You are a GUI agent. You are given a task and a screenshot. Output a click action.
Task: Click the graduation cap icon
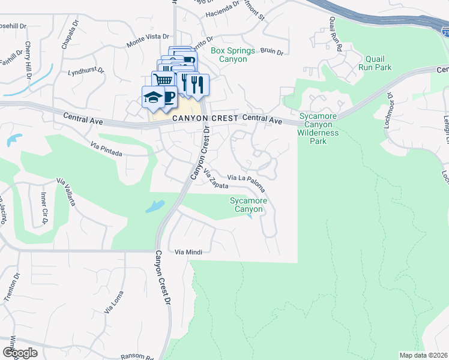[152, 97]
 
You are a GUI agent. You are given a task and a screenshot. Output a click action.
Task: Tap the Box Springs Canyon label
[233, 55]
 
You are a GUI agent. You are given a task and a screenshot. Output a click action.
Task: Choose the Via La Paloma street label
[246, 182]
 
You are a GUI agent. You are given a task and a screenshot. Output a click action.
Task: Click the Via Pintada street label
[106, 149]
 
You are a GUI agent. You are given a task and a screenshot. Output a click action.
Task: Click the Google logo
[20, 353]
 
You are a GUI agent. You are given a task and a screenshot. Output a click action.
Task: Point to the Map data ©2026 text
[423, 355]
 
